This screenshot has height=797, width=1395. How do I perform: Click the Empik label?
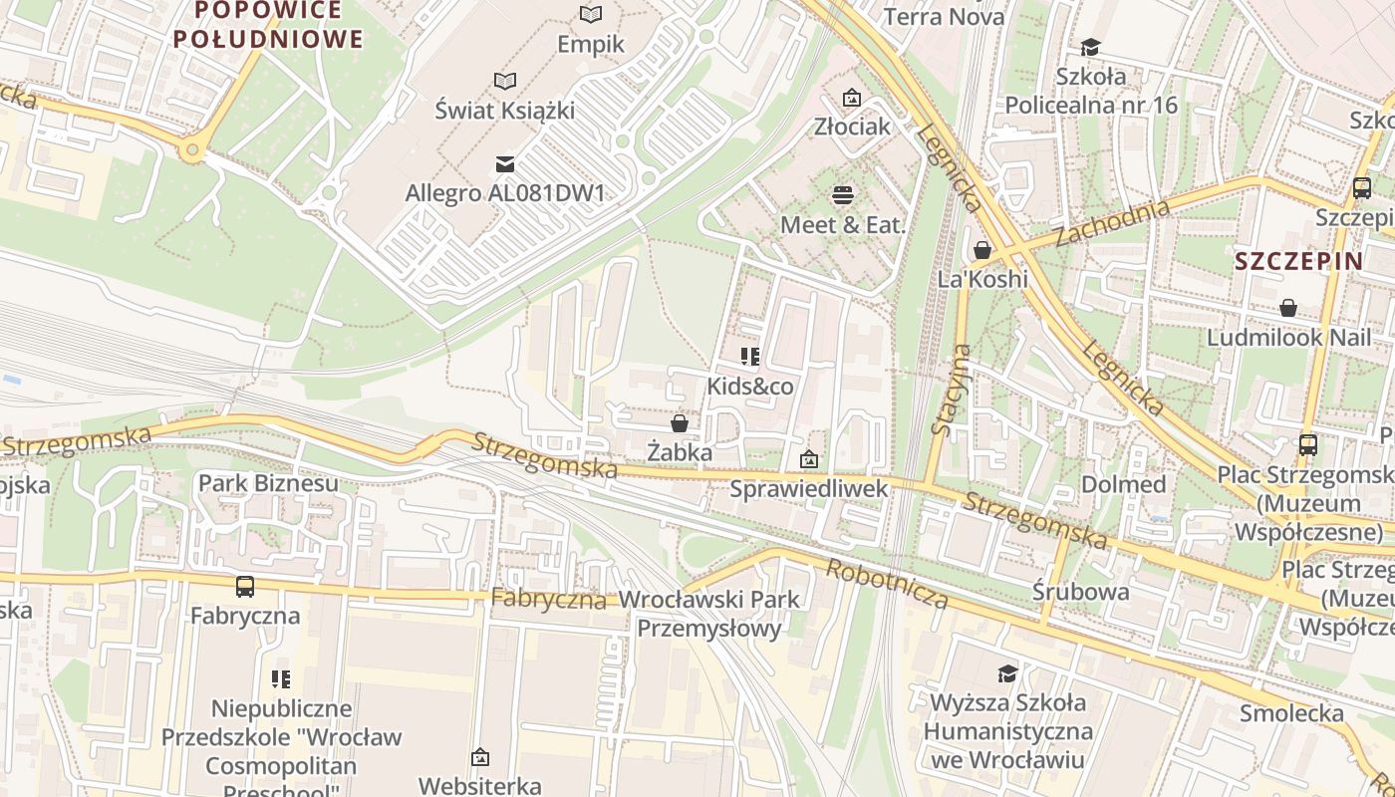pyautogui.click(x=591, y=44)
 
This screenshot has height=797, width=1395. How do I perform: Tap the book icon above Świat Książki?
pyautogui.click(x=505, y=81)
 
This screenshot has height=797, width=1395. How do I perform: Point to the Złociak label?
pyautogui.click(x=851, y=127)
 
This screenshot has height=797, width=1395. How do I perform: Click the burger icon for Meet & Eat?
pyautogui.click(x=843, y=194)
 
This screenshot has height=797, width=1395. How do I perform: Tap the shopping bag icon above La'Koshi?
pyautogui.click(x=982, y=250)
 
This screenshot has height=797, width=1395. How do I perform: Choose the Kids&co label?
pyautogui.click(x=750, y=386)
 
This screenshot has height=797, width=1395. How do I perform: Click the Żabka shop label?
pyautogui.click(x=680, y=452)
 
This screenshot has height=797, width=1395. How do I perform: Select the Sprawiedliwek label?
pyautogui.click(x=808, y=488)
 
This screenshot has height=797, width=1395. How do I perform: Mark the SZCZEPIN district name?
pyautogui.click(x=1298, y=262)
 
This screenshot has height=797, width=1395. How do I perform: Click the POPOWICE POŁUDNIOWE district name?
pyautogui.click(x=268, y=25)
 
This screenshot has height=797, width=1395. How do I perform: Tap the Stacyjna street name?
pyautogui.click(x=939, y=390)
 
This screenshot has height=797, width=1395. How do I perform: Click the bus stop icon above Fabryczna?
pyautogui.click(x=245, y=587)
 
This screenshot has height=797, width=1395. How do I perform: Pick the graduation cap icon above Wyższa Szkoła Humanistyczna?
pyautogui.click(x=1007, y=674)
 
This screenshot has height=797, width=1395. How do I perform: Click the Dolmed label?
pyautogui.click(x=1124, y=484)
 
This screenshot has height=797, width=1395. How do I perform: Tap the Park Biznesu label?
pyautogui.click(x=268, y=483)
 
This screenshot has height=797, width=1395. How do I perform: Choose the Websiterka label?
pyautogui.click(x=479, y=785)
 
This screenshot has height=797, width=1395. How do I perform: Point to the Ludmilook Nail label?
pyautogui.click(x=1288, y=337)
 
